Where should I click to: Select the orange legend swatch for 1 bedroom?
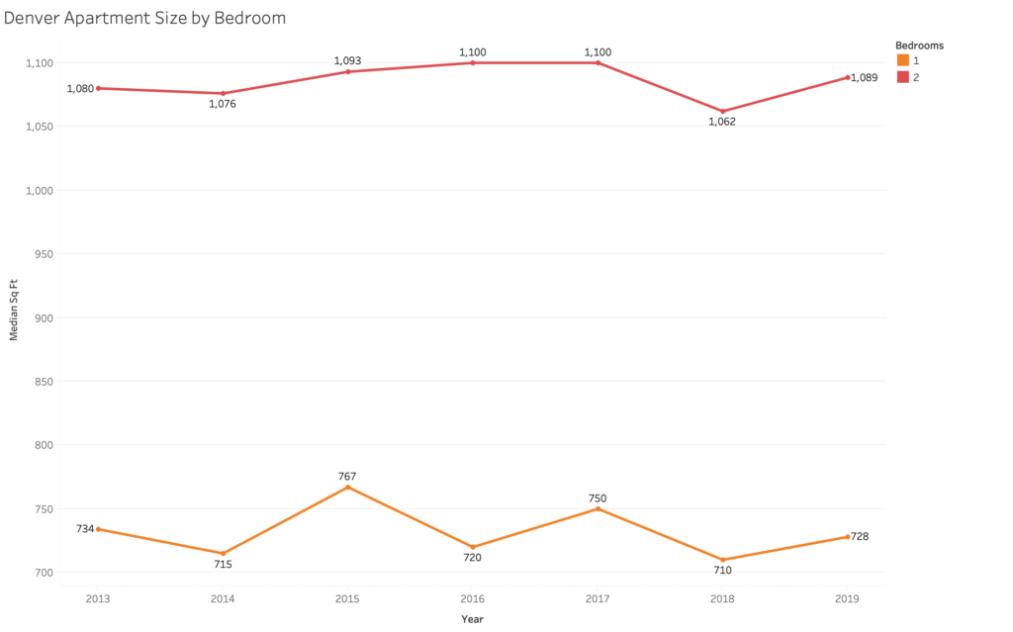(x=902, y=60)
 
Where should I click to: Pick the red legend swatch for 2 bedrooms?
(x=902, y=77)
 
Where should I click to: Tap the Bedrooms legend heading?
(x=919, y=45)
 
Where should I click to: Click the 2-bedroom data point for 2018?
(x=723, y=111)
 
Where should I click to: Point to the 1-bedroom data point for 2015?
(x=347, y=487)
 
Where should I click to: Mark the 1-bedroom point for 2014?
(x=223, y=553)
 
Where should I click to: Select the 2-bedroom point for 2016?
(x=473, y=62)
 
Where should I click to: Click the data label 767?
(x=347, y=476)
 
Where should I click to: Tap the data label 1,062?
(x=722, y=122)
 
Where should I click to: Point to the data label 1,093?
(x=347, y=60)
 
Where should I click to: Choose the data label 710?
(x=722, y=571)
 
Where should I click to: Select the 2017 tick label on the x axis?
(x=598, y=598)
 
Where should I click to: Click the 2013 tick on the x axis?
(x=98, y=598)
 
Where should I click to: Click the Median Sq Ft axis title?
(x=14, y=316)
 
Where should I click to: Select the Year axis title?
(x=472, y=619)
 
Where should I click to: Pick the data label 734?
(x=85, y=529)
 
